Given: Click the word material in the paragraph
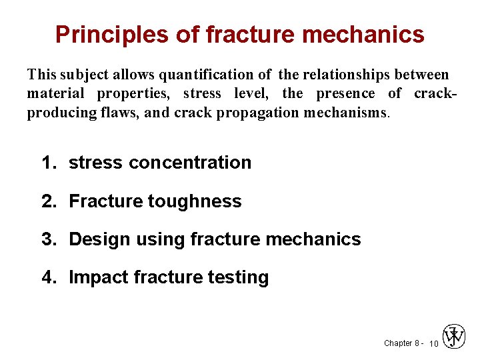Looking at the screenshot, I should [x=55, y=93].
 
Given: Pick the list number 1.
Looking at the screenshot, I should [x=47, y=163].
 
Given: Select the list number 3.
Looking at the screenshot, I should [x=47, y=239].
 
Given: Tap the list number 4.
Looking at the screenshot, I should [x=47, y=277].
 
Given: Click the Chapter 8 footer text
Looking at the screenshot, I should [x=401, y=343].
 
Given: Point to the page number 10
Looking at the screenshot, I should [x=433, y=344].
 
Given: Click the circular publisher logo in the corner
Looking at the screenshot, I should [x=454, y=337].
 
